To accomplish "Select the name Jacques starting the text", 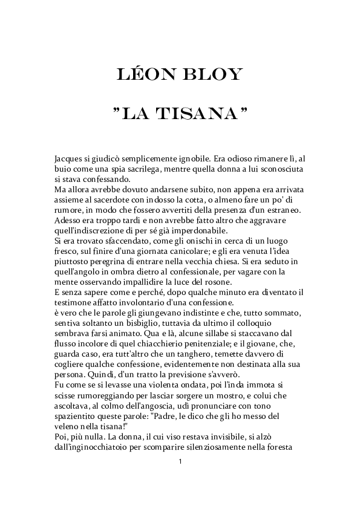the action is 68,159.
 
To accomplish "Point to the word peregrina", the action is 113,262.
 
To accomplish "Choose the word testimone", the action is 74,303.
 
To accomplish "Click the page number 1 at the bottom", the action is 180,462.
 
